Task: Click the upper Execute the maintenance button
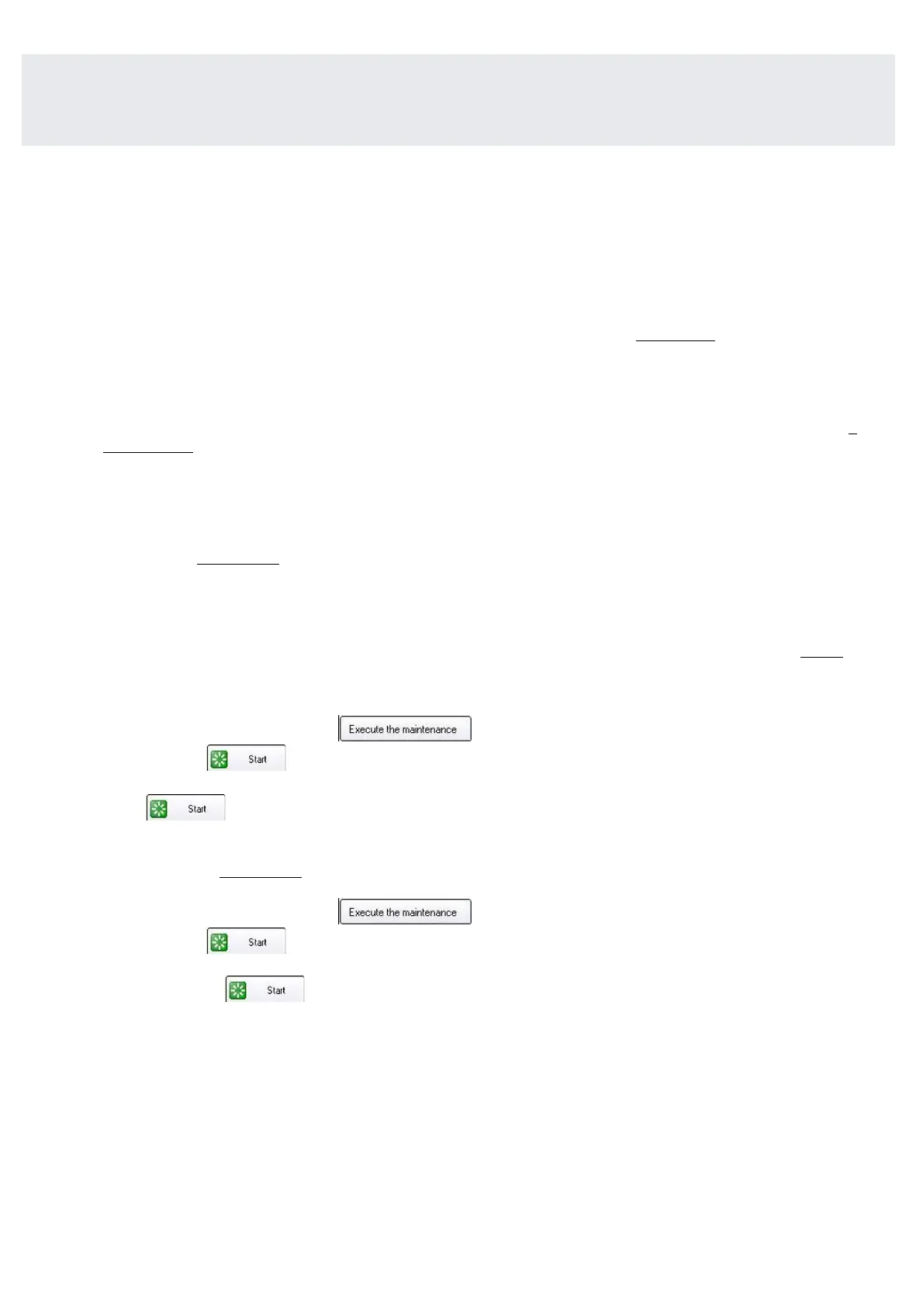[x=405, y=729]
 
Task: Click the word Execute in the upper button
[x=366, y=729]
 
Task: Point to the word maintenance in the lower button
[x=430, y=912]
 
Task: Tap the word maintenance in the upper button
[x=430, y=729]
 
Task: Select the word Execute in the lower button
[x=366, y=912]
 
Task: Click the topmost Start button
[x=246, y=758]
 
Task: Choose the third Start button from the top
[x=246, y=941]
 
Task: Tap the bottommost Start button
[x=264, y=990]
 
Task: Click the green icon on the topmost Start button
[x=220, y=759]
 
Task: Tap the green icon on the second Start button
[x=159, y=809]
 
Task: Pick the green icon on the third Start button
[x=220, y=942]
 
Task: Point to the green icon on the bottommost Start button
[x=238, y=990]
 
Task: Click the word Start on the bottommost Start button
[x=276, y=990]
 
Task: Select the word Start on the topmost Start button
[x=258, y=759]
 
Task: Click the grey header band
[x=458, y=99]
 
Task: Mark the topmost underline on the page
[x=675, y=340]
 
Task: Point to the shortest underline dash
[x=853, y=434]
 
